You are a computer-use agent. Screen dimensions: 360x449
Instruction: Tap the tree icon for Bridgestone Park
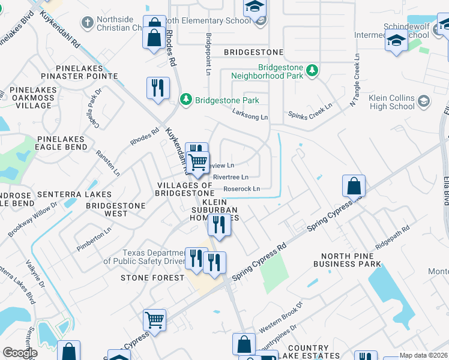point(186,99)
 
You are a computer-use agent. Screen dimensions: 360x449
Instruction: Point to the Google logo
point(20,352)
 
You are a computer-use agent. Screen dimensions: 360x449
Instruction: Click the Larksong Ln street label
point(250,117)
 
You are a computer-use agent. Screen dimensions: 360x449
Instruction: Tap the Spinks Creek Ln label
point(310,113)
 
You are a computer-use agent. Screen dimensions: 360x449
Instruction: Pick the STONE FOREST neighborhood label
point(152,278)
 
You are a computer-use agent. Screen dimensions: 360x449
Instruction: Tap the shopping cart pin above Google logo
point(154,320)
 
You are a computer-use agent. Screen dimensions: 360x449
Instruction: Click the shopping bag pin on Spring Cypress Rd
point(354,185)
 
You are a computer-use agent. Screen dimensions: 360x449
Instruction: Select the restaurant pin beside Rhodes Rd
point(158,88)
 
